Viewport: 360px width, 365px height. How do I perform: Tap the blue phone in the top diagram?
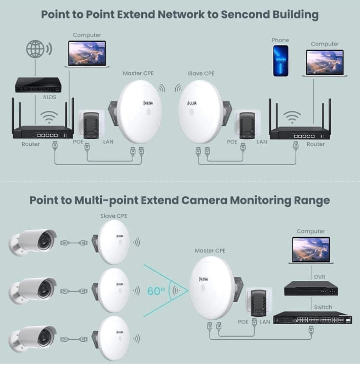coord(281,61)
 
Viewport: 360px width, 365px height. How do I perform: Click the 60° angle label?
coord(155,291)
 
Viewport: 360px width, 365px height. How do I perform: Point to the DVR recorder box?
coord(310,289)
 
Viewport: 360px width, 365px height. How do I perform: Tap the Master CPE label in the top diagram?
coord(138,73)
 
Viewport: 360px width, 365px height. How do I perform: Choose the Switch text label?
coord(323,307)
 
